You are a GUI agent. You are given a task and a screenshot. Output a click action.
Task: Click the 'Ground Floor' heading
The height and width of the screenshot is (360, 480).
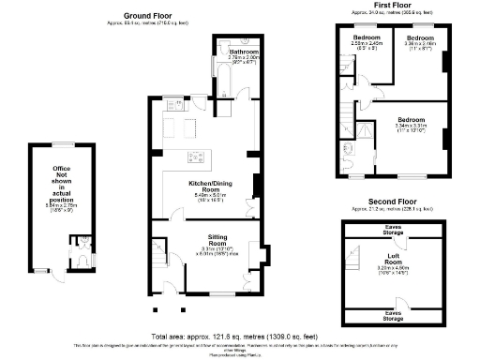tap(149, 16)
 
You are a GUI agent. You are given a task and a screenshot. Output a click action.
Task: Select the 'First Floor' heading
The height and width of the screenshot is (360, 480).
tap(396, 5)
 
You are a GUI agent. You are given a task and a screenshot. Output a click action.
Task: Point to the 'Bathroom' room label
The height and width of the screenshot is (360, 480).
tap(245, 51)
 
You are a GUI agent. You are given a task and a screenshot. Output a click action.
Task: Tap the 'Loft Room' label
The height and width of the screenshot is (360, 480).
tap(395, 256)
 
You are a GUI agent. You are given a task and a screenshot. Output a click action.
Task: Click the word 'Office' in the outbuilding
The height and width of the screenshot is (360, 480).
tap(62, 169)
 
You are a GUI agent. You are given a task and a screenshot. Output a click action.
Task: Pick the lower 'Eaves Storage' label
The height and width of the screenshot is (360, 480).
tap(395, 316)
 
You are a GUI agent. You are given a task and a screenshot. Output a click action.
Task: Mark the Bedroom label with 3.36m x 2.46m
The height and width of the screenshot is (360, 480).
tap(419, 38)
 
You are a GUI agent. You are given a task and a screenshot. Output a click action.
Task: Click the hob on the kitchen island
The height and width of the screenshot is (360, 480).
tap(196, 155)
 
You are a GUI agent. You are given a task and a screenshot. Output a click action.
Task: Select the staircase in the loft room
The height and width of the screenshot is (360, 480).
tap(356, 253)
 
